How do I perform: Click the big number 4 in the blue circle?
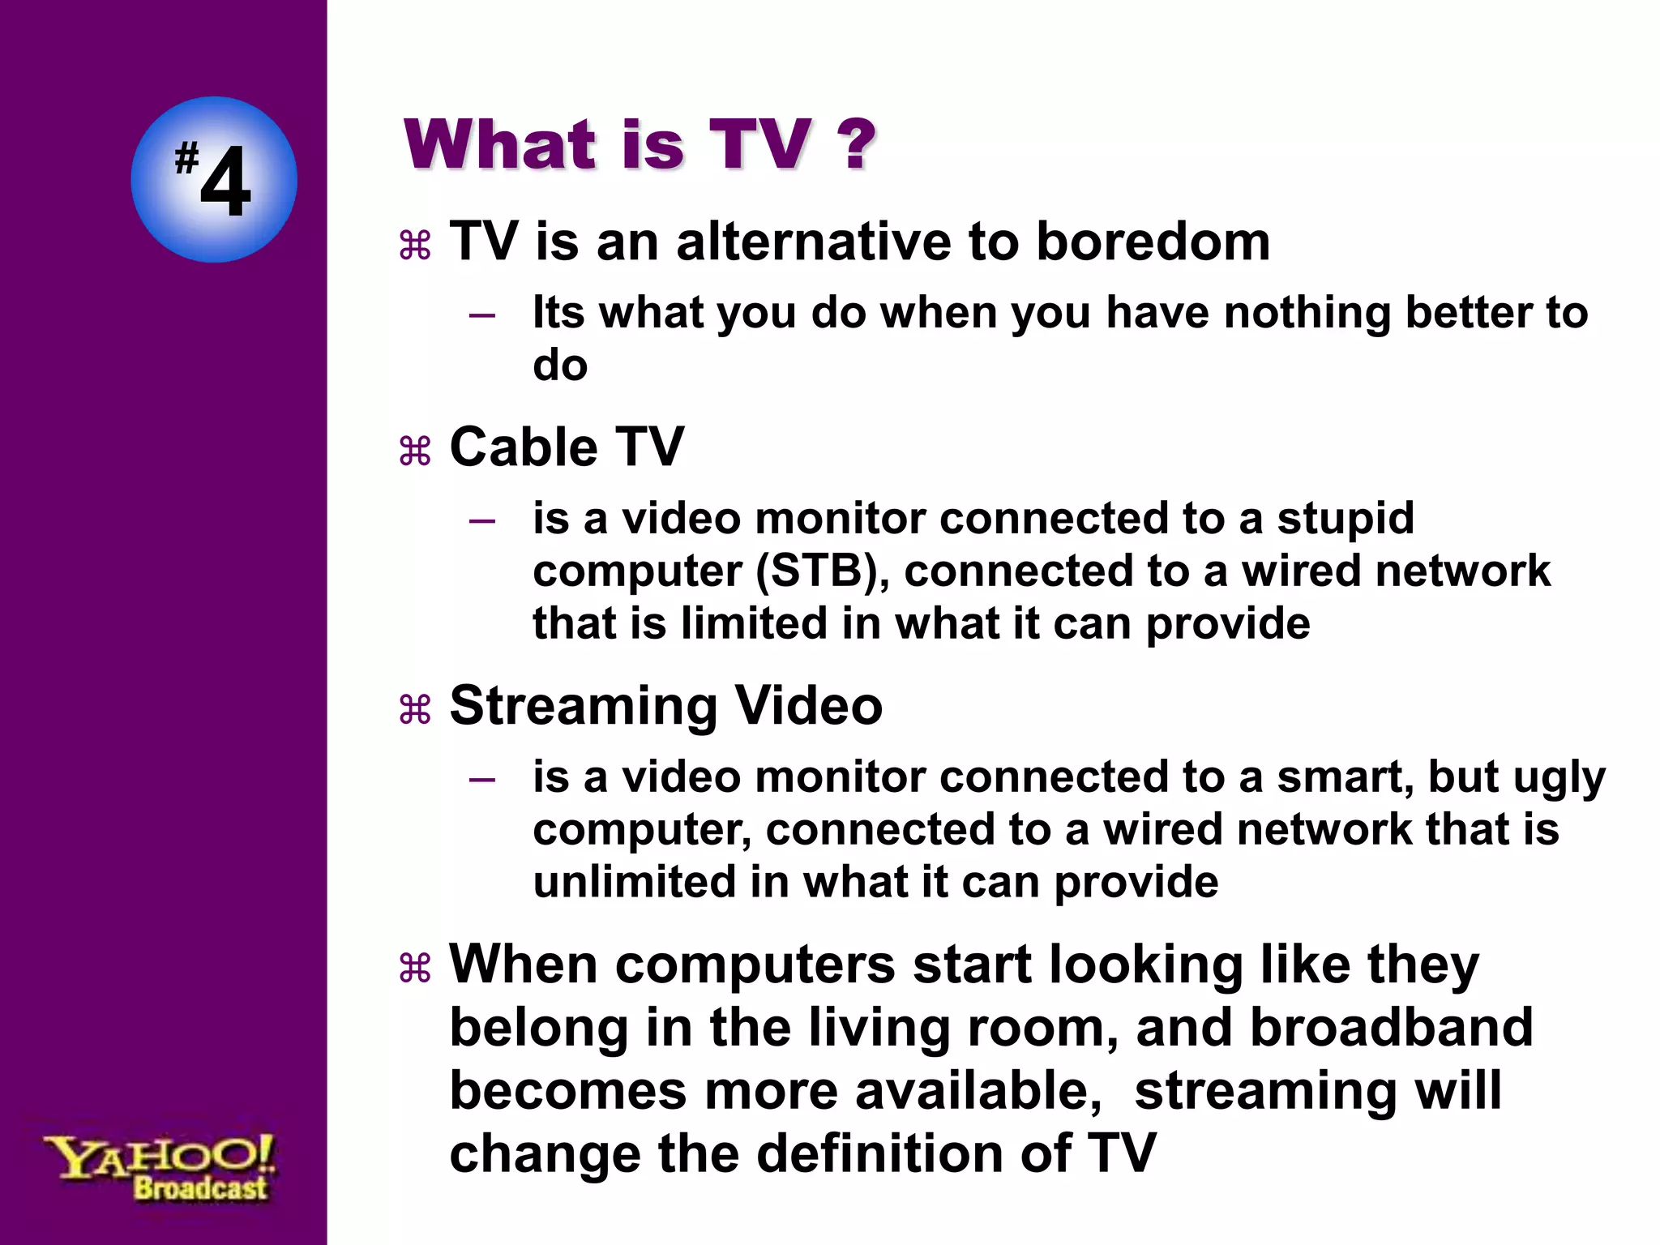coord(225,183)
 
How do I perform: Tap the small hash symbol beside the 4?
coord(186,157)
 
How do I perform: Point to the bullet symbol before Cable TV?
coord(415,451)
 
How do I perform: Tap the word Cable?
coord(523,447)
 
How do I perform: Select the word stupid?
coord(1346,519)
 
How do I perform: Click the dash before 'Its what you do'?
coord(482,314)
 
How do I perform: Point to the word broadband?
coord(1391,1028)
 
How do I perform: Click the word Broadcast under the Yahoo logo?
coord(200,1189)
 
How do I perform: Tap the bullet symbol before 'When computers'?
coord(415,969)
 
